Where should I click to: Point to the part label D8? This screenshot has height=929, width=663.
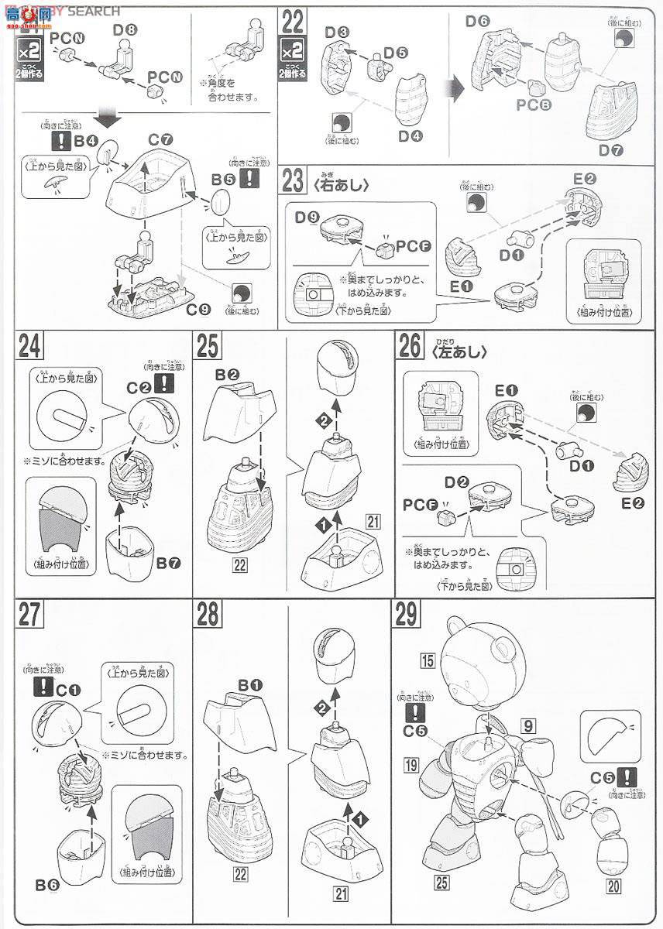coord(124,32)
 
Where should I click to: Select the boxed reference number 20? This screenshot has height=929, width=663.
coord(613,887)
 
